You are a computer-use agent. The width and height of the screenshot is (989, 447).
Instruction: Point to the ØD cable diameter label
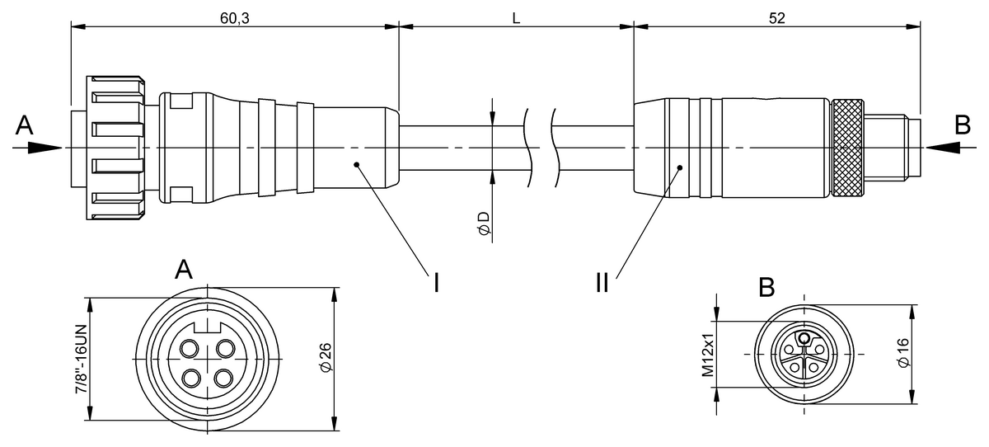(x=484, y=223)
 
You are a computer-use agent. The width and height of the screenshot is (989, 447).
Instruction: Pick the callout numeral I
(x=435, y=282)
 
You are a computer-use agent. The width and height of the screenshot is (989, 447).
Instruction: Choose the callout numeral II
(x=602, y=282)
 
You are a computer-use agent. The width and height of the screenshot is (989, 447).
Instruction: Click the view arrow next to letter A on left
(x=39, y=148)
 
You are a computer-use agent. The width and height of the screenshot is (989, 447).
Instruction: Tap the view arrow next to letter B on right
(x=949, y=148)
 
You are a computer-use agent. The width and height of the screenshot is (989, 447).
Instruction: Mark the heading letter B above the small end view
(x=766, y=287)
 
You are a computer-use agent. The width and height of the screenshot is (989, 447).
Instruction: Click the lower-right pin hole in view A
(x=224, y=379)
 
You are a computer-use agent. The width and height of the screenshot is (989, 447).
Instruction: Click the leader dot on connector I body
(x=356, y=164)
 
